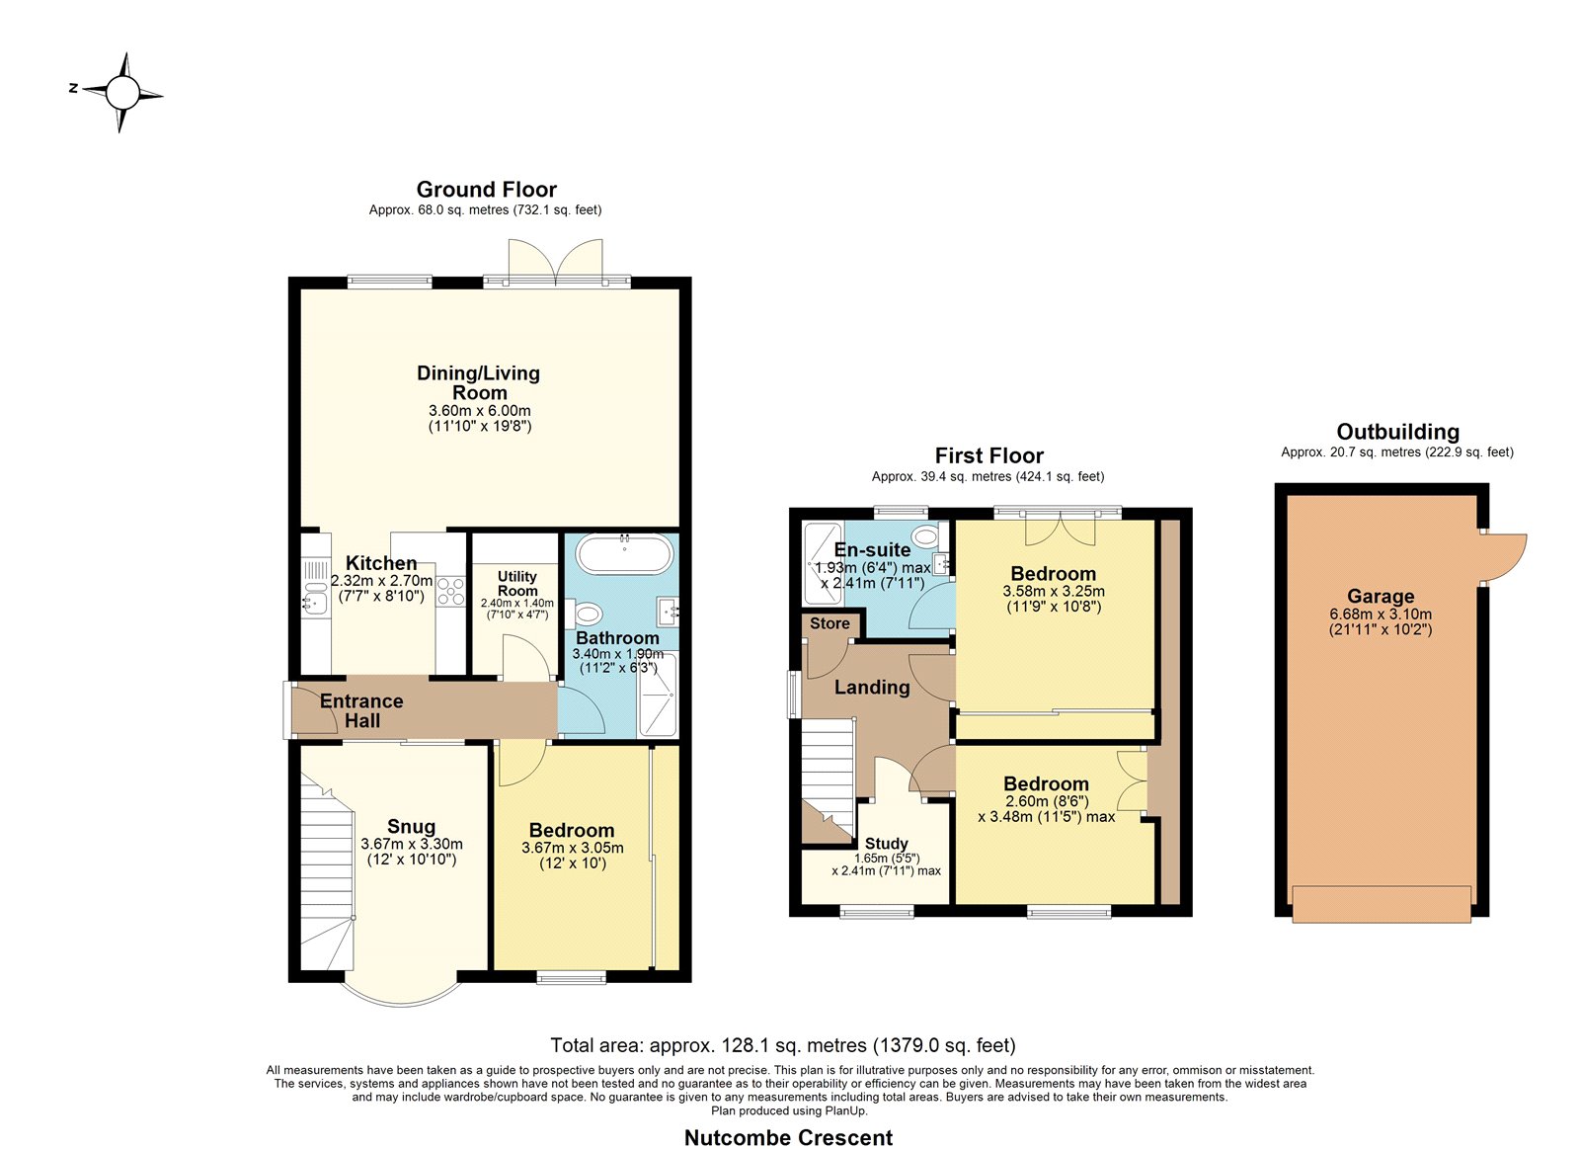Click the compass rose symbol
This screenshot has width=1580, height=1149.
pos(122,93)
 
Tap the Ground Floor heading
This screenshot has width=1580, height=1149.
pos(486,189)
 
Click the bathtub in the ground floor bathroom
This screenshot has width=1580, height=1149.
pos(624,553)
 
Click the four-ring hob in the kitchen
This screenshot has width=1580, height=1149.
pos(450,592)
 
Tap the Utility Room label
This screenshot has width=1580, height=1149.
pos(517,584)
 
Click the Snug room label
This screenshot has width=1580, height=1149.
pos(411,827)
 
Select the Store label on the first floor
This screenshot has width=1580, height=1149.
pos(829,623)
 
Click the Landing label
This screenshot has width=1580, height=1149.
pos(872,687)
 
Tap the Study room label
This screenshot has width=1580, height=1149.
pos(887,844)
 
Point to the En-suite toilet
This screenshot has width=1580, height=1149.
pos(927,537)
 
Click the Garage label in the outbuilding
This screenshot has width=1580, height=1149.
pos(1381,597)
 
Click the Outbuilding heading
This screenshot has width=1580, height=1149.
pos(1397,431)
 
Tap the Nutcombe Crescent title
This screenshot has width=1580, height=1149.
pos(789,1138)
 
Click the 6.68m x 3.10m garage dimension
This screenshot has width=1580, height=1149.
pos(1381,615)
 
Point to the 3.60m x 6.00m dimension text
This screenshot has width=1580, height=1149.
pos(480,411)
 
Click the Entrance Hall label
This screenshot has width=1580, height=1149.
pos(361,710)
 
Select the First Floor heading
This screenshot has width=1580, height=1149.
pos(988,455)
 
